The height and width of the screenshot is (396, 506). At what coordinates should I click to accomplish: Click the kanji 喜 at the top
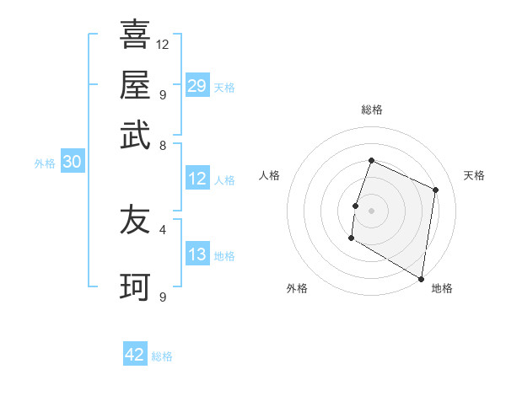tap(135, 35)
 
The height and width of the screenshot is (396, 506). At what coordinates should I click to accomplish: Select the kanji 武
tap(135, 136)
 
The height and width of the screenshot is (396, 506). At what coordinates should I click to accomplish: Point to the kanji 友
tap(135, 221)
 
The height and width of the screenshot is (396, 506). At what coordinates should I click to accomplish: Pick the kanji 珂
tap(135, 287)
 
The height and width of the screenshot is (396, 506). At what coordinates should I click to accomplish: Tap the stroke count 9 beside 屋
tap(162, 94)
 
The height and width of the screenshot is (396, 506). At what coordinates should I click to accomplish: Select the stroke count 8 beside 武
tap(162, 145)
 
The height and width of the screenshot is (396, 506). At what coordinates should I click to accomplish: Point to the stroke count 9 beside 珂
tap(162, 297)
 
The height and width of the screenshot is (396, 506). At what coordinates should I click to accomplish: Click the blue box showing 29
tap(196, 86)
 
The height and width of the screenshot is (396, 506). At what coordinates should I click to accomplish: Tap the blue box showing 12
tap(196, 179)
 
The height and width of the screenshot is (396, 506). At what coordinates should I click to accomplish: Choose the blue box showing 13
tap(196, 254)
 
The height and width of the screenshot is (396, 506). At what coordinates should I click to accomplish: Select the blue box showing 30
tap(72, 163)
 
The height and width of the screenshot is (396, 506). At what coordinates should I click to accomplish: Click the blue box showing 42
tap(135, 355)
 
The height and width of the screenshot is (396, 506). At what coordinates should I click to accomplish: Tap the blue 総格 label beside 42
tap(162, 356)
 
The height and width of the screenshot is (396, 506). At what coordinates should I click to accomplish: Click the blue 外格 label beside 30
tap(45, 163)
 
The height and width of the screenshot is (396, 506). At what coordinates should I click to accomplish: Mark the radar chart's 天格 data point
tap(436, 190)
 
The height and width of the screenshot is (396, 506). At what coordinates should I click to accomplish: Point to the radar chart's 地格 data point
tap(421, 278)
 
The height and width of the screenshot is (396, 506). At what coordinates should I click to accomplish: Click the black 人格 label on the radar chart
tap(270, 175)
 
